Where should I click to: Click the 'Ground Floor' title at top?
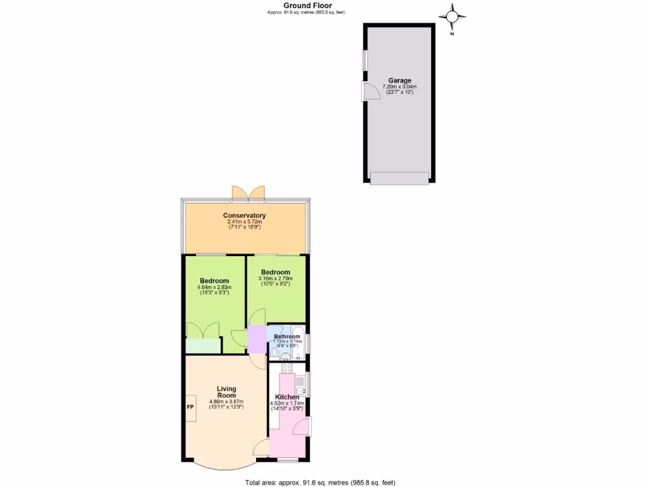pos(307,5)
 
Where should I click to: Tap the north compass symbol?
pos(453,18)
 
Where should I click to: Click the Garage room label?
pos(399,81)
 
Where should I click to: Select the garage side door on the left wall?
pos(367,91)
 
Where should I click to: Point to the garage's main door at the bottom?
pos(399,179)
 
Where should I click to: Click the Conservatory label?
pos(244,216)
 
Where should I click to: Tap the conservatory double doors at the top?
pos(247,192)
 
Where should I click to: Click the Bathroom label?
pos(287,337)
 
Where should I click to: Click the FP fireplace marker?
pos(190,406)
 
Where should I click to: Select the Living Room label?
pos(226,392)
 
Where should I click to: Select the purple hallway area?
pos(257,339)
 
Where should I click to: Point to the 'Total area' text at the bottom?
pos(321,483)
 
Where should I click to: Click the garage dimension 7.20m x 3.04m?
pos(399,87)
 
